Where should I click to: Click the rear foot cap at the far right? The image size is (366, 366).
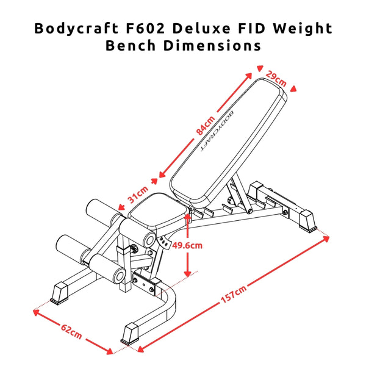tap(306, 220)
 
